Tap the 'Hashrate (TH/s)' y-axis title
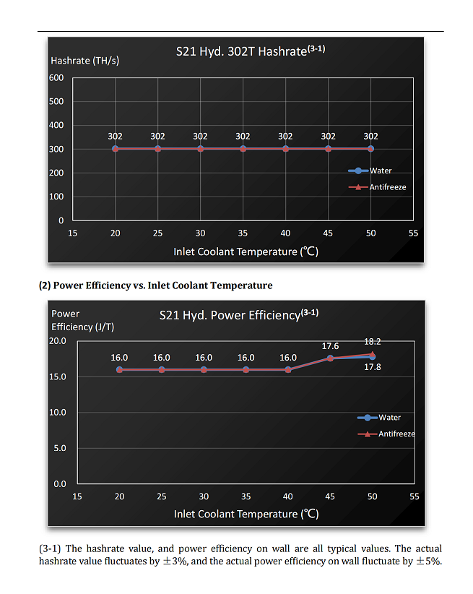[x=84, y=61]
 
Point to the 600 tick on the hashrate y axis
[x=56, y=77]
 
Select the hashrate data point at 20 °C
[x=115, y=149]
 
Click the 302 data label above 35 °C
[x=243, y=136]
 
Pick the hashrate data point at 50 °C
[x=370, y=149]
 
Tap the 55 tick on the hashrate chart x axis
[x=413, y=233]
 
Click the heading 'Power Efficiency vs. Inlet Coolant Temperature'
[x=155, y=285]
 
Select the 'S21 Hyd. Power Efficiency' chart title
[x=232, y=315]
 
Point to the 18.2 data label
[x=373, y=341]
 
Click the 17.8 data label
[x=373, y=367]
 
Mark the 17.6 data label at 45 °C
[x=330, y=346]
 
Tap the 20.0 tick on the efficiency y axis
[x=58, y=341]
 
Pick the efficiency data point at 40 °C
[x=288, y=370]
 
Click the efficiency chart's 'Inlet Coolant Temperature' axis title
[x=246, y=514]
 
